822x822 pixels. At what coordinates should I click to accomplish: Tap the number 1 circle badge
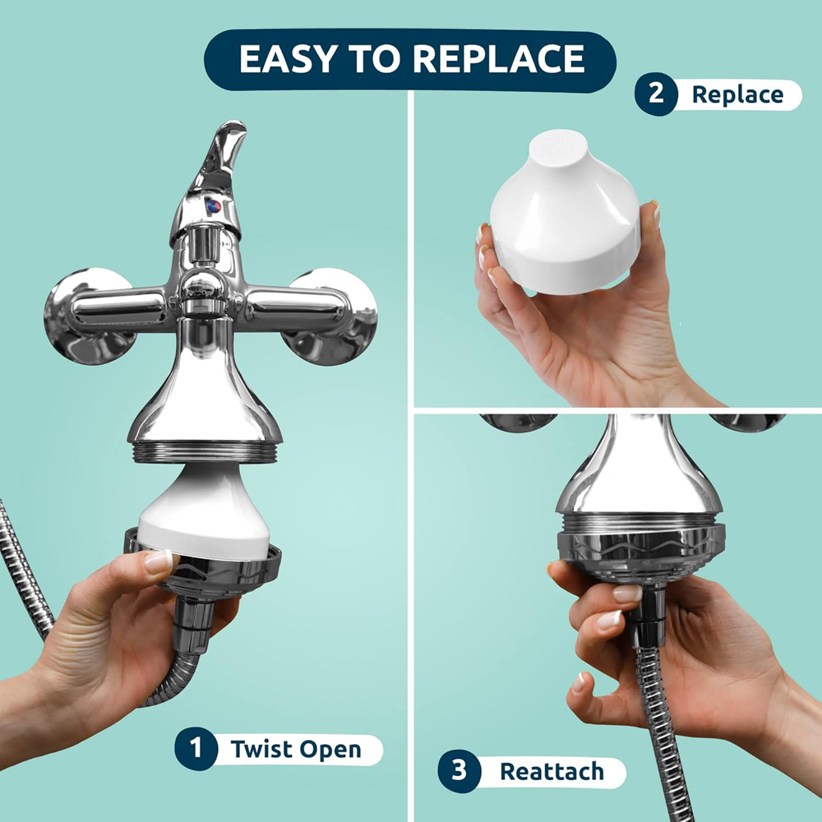tap(195, 749)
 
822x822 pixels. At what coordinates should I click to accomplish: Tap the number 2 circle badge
tap(655, 94)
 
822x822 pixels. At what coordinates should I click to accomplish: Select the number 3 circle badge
tap(459, 771)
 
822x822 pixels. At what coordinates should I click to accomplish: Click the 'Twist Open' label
tap(296, 750)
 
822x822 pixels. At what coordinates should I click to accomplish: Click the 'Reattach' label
tap(552, 772)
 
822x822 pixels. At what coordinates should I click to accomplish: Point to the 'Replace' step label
tap(737, 95)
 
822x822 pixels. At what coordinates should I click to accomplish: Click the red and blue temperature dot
tap(213, 205)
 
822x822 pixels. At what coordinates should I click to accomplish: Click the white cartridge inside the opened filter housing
tap(205, 514)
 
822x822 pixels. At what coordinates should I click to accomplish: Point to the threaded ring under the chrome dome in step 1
tap(205, 453)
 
